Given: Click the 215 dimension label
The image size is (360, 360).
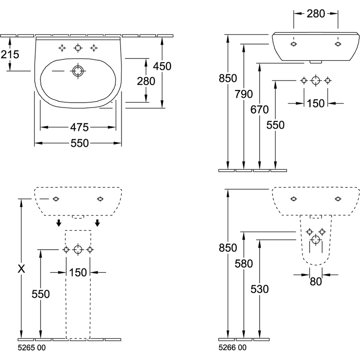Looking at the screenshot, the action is [x=10, y=54].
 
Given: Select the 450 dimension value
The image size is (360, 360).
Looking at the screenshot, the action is [x=162, y=66].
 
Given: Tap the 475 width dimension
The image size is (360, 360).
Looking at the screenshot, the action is [x=79, y=127].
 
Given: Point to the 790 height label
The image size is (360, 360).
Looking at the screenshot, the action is [x=243, y=94].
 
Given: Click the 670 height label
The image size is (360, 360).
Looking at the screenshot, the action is [x=260, y=110].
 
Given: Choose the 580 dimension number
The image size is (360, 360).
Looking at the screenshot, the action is [x=243, y=264].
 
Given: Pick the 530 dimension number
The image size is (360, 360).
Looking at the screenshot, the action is [x=260, y=289].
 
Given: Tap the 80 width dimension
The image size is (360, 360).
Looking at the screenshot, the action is [x=316, y=282].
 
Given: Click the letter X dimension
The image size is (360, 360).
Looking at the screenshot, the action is [x=21, y=269].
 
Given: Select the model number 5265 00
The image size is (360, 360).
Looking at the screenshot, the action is [x=31, y=348].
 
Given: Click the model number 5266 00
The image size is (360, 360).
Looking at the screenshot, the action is [x=232, y=348].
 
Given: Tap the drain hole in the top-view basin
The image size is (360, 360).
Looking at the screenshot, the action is [x=78, y=71].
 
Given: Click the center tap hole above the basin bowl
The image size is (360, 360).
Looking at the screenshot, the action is [x=78, y=48].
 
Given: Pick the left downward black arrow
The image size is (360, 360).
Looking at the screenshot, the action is [x=59, y=223].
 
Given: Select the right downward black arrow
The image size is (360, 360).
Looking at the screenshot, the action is [x=98, y=223].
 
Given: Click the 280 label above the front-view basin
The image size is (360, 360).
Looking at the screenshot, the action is [x=316, y=14].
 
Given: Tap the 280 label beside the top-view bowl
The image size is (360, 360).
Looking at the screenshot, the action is [x=146, y=81].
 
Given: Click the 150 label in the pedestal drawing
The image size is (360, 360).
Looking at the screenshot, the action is [x=78, y=273].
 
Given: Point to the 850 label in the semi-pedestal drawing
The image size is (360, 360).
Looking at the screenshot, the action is [x=228, y=248].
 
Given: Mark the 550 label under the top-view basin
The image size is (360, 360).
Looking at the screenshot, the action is [x=80, y=143].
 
